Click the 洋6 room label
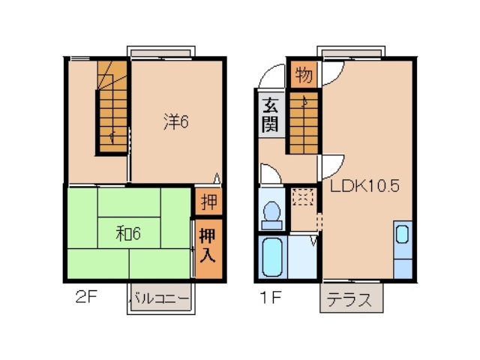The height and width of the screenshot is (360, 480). (x=176, y=121)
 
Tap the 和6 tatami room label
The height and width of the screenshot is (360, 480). (x=128, y=233)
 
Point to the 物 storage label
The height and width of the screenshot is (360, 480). (x=304, y=74)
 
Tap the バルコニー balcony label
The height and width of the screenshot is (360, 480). (x=160, y=298)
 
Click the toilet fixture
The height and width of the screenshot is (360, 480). (x=271, y=214)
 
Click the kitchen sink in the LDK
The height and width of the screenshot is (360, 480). (x=403, y=234)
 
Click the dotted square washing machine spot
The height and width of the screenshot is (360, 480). (x=304, y=198)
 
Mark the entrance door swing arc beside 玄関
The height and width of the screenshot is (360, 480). (x=266, y=78)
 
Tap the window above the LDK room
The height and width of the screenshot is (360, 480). (x=351, y=53)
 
